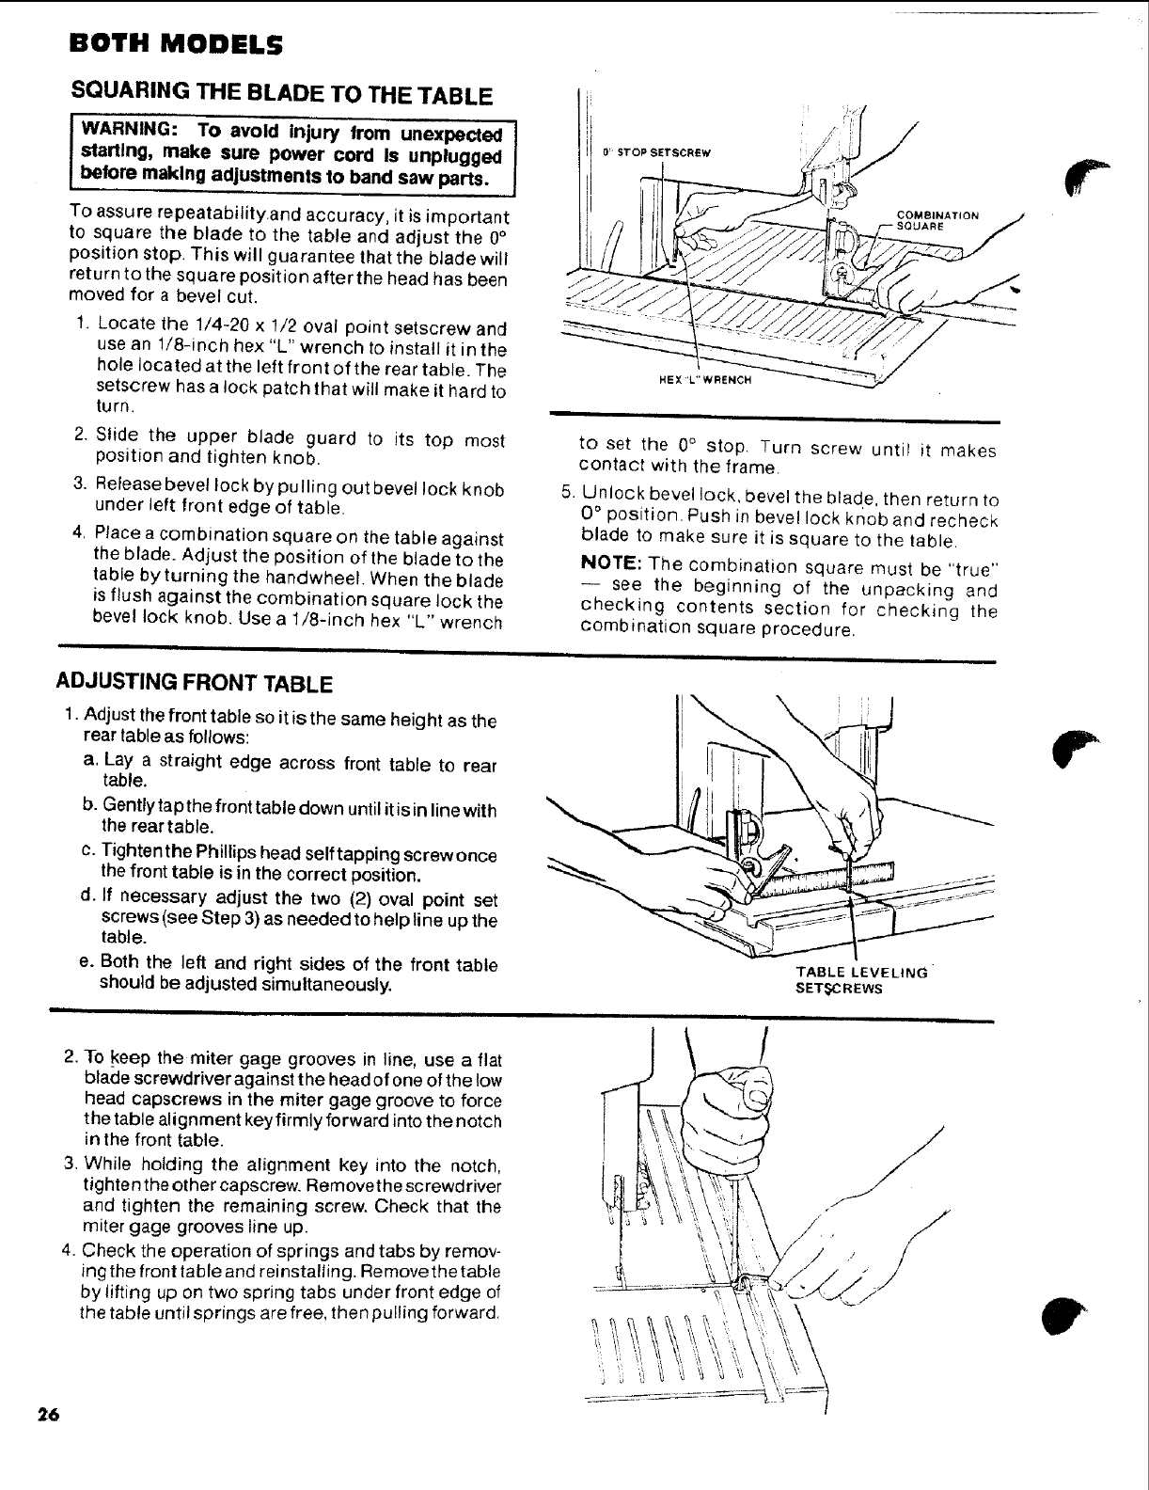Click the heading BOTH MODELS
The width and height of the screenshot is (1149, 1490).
tap(174, 44)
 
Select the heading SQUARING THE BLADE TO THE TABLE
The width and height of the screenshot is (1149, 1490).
tap(282, 95)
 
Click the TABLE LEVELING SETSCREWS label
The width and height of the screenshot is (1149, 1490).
tap(860, 979)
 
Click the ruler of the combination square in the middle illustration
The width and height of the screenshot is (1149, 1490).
tap(827, 876)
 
